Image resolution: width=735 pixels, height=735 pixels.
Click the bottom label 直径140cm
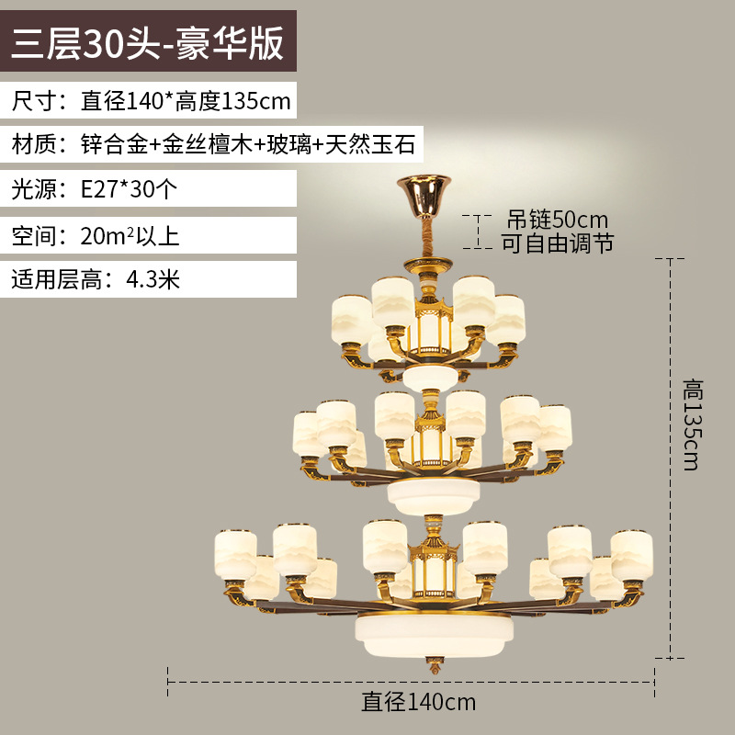[x=418, y=703]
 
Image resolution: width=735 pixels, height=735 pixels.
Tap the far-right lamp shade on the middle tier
[x=553, y=428]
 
